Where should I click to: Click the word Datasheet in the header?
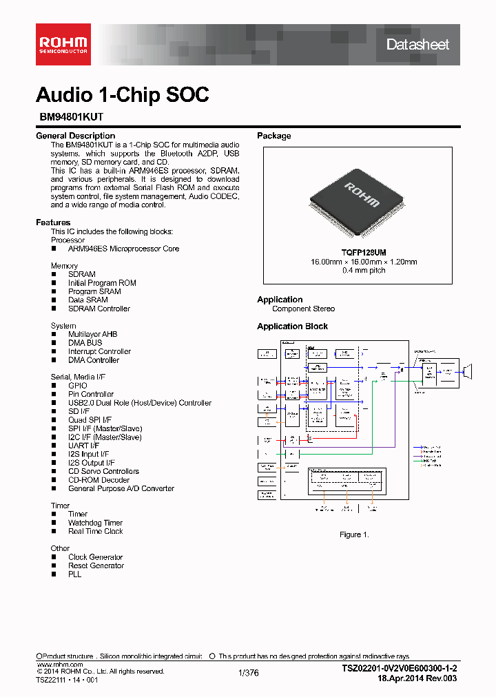point(417,45)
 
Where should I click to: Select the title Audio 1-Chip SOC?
point(122,95)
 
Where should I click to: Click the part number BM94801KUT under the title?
point(71,118)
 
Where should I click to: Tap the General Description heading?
point(75,136)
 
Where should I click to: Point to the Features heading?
point(53,222)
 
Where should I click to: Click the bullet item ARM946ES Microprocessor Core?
point(123,249)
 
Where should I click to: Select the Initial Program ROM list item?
point(102,283)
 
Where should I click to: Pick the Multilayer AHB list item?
point(92,334)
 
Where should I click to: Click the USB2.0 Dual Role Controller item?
point(139,403)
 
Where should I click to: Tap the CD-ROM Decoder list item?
point(99,480)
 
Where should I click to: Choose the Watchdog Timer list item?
point(95,523)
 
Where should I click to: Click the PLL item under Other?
point(74,574)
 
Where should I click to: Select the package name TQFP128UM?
point(354,253)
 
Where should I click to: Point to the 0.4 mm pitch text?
point(354,271)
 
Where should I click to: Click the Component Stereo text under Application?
point(303,309)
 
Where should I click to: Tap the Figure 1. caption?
point(354,534)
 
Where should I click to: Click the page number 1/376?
point(248,674)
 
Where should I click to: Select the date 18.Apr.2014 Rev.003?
point(417,678)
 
